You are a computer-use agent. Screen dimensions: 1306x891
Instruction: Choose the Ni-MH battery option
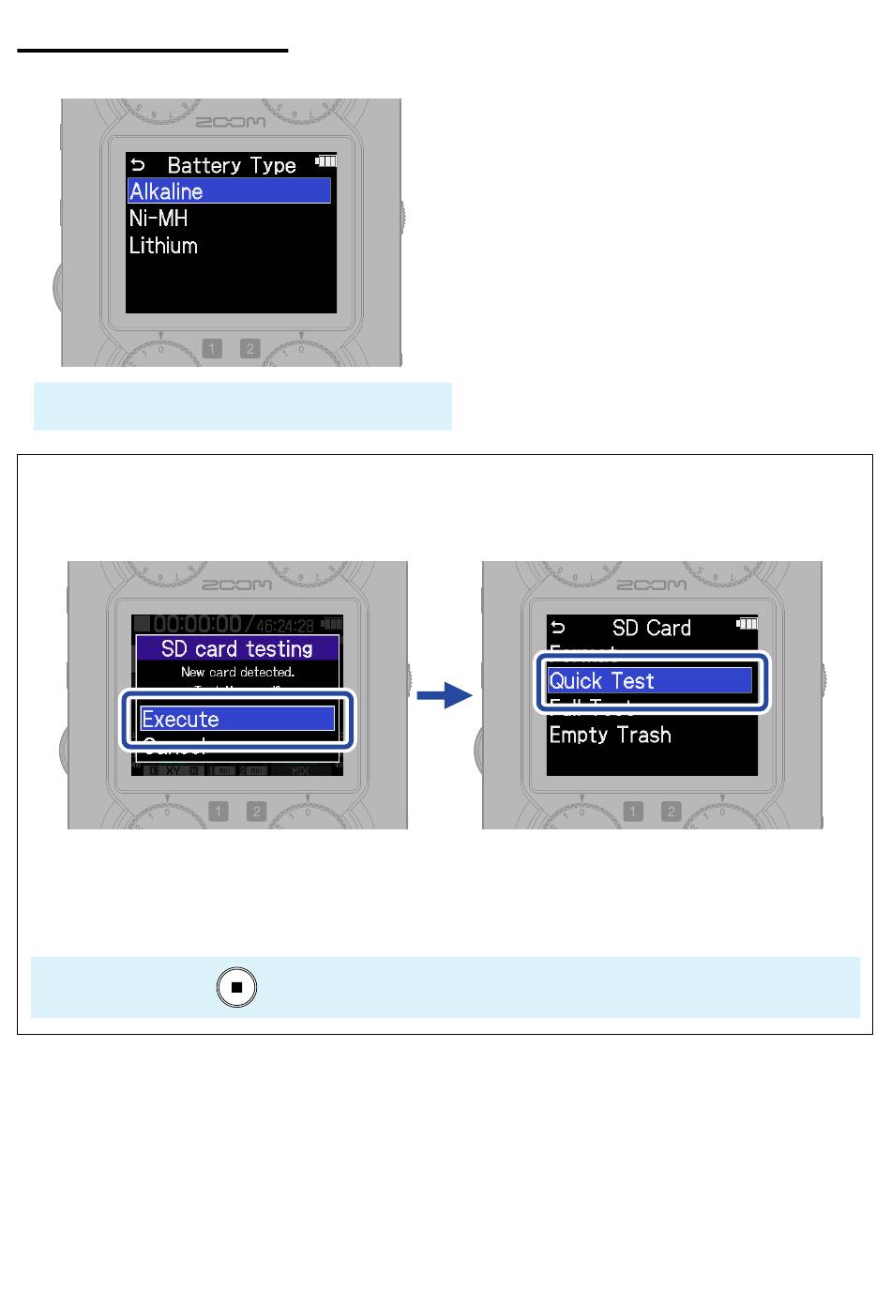[x=159, y=219]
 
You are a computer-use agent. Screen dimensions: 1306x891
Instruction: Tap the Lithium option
[x=164, y=246]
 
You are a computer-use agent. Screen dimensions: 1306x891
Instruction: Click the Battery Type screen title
[x=232, y=165]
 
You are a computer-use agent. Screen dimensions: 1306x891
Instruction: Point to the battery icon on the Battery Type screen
[x=325, y=159]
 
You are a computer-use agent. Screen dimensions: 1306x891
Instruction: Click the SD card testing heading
[x=237, y=648]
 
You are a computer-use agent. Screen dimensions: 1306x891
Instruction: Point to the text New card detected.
[x=237, y=672]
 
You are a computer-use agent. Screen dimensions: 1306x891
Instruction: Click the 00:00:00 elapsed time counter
[x=197, y=624]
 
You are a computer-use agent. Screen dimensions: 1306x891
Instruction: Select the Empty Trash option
[x=611, y=735]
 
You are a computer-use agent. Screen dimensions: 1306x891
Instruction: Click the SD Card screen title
[x=652, y=628]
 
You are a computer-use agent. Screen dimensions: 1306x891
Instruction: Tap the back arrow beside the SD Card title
[x=559, y=628]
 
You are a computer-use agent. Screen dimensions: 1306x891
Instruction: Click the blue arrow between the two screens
[x=445, y=695]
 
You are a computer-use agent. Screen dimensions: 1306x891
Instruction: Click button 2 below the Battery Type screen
[x=249, y=349]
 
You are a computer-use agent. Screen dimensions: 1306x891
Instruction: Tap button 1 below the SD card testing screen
[x=219, y=812]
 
